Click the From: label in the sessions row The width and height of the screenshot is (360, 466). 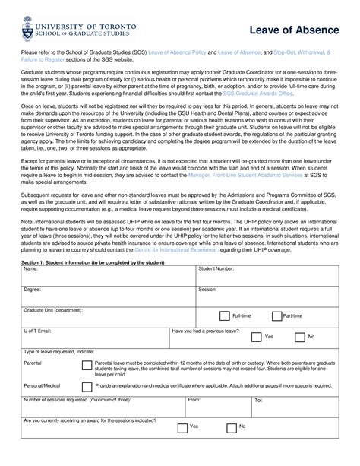point(194,399)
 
